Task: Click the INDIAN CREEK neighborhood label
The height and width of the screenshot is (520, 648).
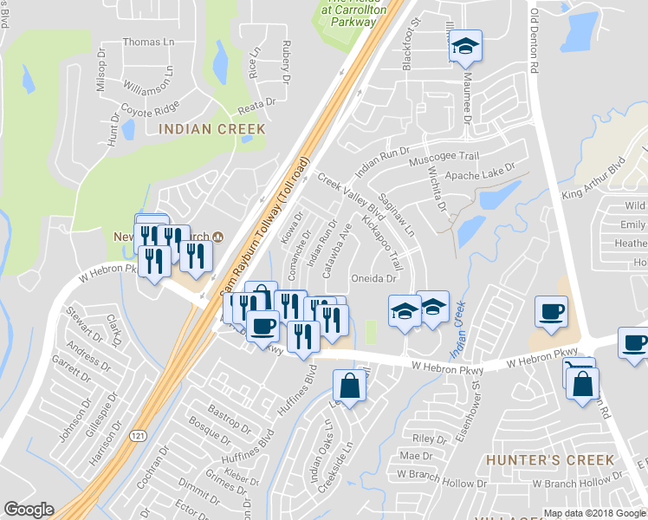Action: click(211, 129)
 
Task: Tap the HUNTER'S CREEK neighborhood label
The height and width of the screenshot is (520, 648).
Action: click(550, 459)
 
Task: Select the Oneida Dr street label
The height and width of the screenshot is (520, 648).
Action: click(373, 278)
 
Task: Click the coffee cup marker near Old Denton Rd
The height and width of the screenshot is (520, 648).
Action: click(550, 311)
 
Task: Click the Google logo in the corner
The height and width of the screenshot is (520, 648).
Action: click(29, 510)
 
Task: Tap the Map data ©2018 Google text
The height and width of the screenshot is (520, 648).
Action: click(594, 513)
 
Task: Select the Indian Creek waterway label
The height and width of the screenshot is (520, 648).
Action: click(457, 329)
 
